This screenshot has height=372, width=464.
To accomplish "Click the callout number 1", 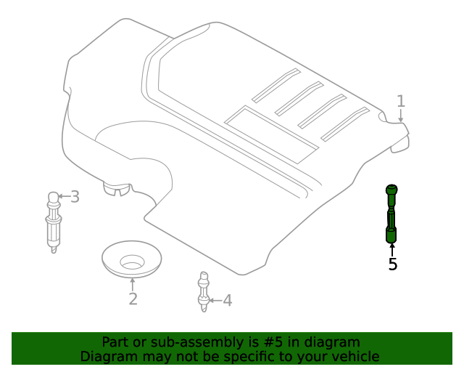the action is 401,101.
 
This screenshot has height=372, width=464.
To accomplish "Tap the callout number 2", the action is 133,299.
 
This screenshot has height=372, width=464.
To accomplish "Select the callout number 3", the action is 75,197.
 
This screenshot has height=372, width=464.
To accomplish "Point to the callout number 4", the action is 227,301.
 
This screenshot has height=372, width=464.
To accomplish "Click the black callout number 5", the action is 393,264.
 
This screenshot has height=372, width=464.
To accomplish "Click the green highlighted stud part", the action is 391,214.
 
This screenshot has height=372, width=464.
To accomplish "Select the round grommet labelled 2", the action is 132,259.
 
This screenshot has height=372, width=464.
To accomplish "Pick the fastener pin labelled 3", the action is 54,222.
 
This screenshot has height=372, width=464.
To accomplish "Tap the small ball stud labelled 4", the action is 204,291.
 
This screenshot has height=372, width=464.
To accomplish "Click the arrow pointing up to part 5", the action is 392,250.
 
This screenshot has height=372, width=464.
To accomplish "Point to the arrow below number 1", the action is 401,116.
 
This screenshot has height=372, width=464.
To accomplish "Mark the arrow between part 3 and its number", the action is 65,196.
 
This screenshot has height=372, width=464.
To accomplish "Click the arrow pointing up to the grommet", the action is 132,284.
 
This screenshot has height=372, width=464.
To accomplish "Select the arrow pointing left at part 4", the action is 215,301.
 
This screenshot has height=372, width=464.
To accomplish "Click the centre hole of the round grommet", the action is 132,263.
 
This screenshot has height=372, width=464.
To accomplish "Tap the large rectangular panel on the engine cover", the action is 271,134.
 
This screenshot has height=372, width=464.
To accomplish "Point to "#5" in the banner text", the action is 273,342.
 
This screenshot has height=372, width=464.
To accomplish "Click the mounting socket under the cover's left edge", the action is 117,189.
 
